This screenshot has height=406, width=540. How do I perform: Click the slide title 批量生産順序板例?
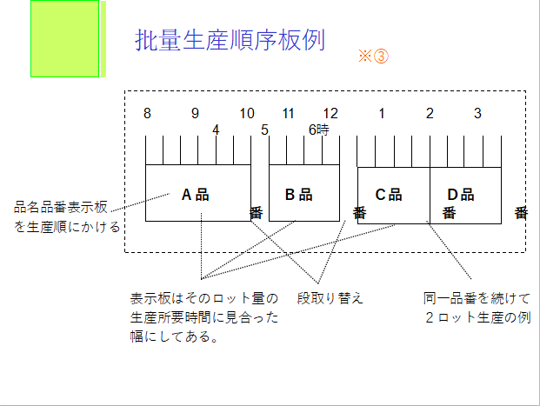pos(230,40)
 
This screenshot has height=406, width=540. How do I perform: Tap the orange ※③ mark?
pos(372,56)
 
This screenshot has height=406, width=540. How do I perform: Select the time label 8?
pos(148,113)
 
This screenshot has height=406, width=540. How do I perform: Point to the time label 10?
pos(247,113)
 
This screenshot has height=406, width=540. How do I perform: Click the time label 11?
pos(289,113)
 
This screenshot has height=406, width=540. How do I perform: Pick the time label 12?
pos(330,113)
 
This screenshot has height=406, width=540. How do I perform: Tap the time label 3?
pos(477,113)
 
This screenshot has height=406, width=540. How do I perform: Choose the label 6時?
pos(319,130)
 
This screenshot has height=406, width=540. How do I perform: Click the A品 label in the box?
pos(196,195)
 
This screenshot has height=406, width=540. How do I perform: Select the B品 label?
pos(299,195)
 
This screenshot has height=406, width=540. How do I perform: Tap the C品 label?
pos(389,195)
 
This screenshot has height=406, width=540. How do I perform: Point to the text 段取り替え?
pos(330,298)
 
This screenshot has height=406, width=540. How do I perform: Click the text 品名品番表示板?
pos(60,208)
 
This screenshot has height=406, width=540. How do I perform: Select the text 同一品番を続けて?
pos(476,298)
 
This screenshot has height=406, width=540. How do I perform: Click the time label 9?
pos(196,113)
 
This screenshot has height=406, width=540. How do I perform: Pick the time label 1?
pos(381,113)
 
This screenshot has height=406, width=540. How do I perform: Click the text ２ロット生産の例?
pos(477,317)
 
